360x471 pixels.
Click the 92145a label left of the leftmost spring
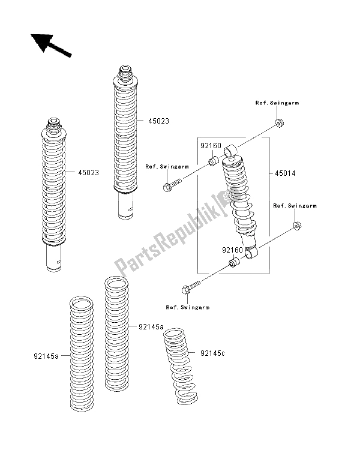coord(46,356)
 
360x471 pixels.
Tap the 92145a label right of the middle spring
coord(151,326)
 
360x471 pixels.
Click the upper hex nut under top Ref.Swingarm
coord(279,124)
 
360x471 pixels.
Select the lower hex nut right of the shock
coord(296,226)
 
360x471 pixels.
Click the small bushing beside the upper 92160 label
coord(213,161)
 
